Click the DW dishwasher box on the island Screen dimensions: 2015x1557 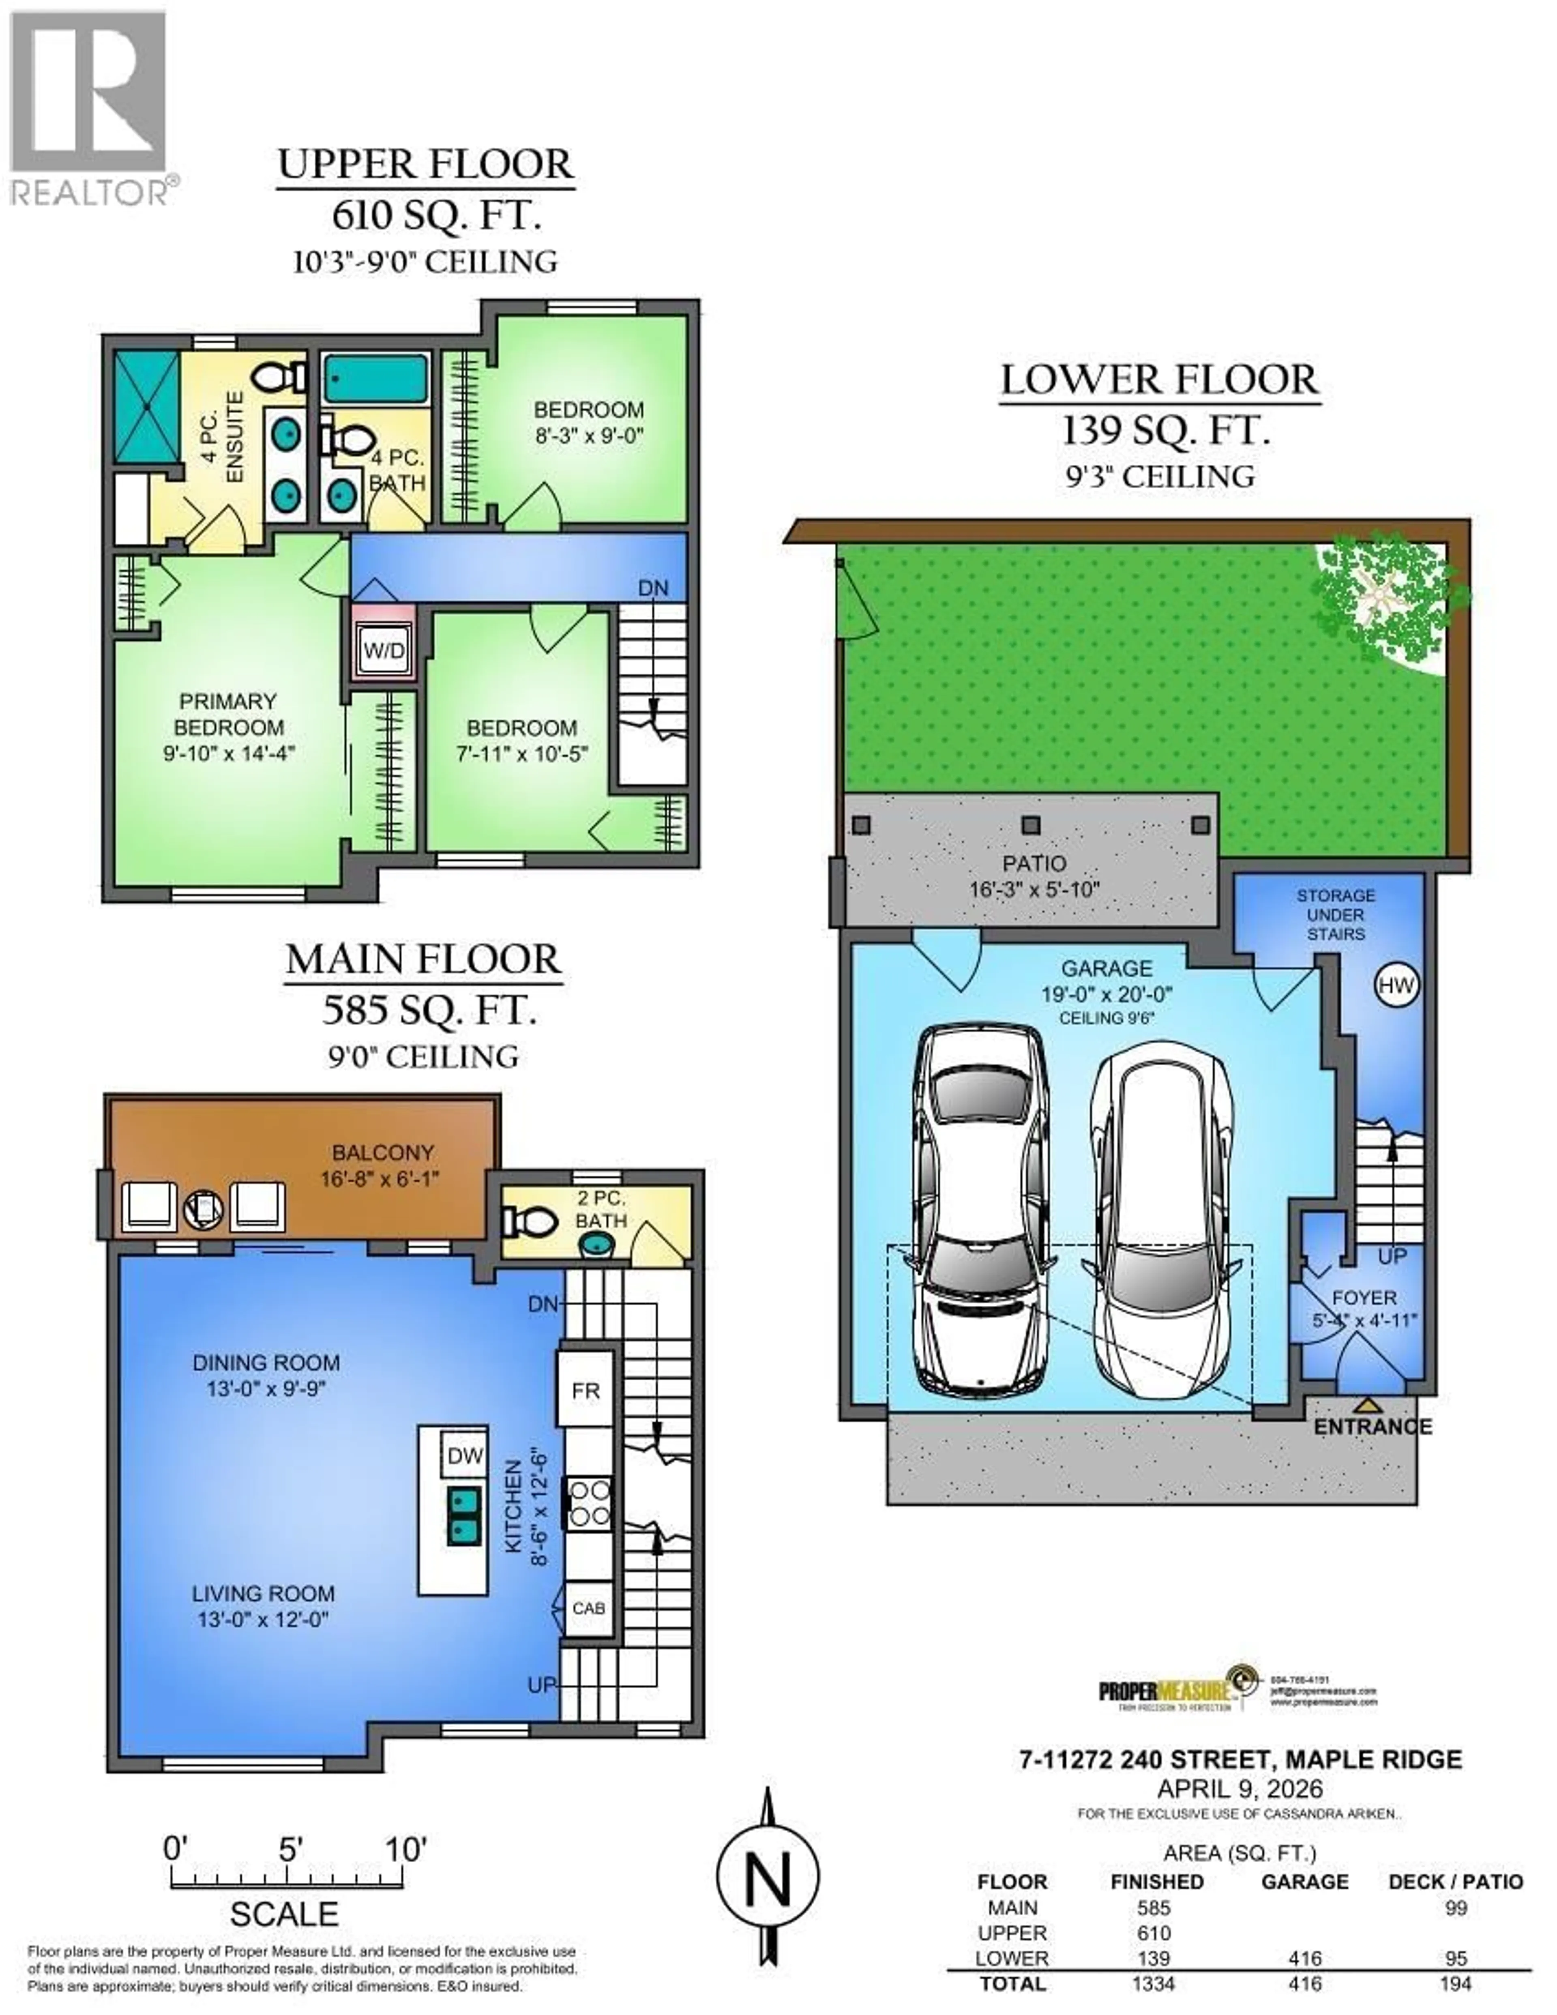pos(465,1456)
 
